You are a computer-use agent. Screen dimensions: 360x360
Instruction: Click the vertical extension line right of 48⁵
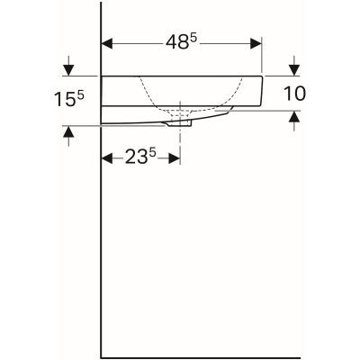tap(262, 56)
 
